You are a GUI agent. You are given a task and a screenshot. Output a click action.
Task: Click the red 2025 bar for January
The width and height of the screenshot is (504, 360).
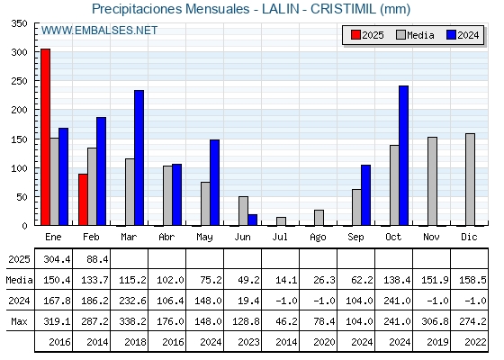(x=45, y=137)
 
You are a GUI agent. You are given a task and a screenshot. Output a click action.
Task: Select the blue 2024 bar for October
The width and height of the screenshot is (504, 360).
(x=403, y=156)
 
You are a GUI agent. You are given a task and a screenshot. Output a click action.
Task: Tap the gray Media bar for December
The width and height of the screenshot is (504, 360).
(x=470, y=179)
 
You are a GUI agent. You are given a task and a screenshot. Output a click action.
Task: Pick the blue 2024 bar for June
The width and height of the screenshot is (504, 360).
(x=252, y=220)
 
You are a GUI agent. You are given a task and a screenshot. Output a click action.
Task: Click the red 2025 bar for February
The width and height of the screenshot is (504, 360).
(x=83, y=200)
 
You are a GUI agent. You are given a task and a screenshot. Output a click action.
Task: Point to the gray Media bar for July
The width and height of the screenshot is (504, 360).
(x=281, y=221)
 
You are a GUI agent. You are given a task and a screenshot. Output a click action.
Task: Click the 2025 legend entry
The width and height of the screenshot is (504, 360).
(x=367, y=35)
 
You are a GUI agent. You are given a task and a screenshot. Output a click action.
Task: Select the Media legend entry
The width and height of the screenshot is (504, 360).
(x=415, y=35)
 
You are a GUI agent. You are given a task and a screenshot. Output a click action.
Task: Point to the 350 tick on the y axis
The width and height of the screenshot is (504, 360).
(x=19, y=23)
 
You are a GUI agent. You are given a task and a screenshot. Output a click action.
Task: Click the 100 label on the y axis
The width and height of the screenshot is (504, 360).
(x=19, y=167)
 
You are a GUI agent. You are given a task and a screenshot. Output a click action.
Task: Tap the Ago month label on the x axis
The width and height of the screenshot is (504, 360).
(x=318, y=238)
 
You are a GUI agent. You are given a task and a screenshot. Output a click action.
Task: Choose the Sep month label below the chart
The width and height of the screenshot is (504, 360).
(x=355, y=238)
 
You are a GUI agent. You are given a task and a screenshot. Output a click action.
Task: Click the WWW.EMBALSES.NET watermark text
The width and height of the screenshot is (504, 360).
(x=99, y=31)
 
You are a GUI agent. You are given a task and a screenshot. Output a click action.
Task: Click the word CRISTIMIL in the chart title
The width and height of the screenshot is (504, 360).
(x=343, y=9)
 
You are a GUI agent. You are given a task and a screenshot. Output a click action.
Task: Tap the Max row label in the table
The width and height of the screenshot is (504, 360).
(x=19, y=321)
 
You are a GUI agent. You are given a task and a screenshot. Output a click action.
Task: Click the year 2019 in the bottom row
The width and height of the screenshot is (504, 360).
(x=437, y=342)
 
